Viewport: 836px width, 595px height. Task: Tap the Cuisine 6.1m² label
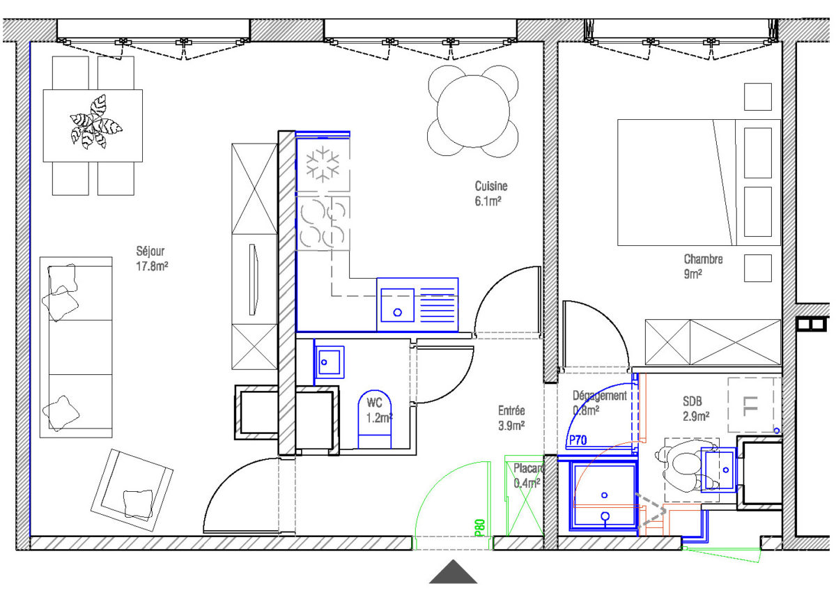point(490,194)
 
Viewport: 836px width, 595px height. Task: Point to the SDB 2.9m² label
point(696,409)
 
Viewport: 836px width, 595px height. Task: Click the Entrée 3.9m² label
point(511,418)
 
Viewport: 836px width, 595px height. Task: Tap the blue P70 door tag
point(578,440)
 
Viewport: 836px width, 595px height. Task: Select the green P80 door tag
point(480,528)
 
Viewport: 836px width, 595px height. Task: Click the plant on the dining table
point(96,122)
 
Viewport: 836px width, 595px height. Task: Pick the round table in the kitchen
point(473,111)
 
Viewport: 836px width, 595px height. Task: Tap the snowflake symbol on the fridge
point(323,164)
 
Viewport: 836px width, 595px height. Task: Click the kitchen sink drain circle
point(398,312)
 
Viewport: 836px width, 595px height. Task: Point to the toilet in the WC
point(374,419)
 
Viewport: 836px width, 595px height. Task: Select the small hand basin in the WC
point(329,362)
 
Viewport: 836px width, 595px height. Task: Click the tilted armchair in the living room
point(132,490)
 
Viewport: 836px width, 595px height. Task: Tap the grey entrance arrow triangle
point(453,571)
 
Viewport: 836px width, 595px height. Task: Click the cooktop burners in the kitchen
point(323,223)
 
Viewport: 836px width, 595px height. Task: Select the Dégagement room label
point(599,396)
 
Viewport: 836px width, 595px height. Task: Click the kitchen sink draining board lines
point(438,304)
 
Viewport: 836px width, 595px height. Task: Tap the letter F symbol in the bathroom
point(750,406)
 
